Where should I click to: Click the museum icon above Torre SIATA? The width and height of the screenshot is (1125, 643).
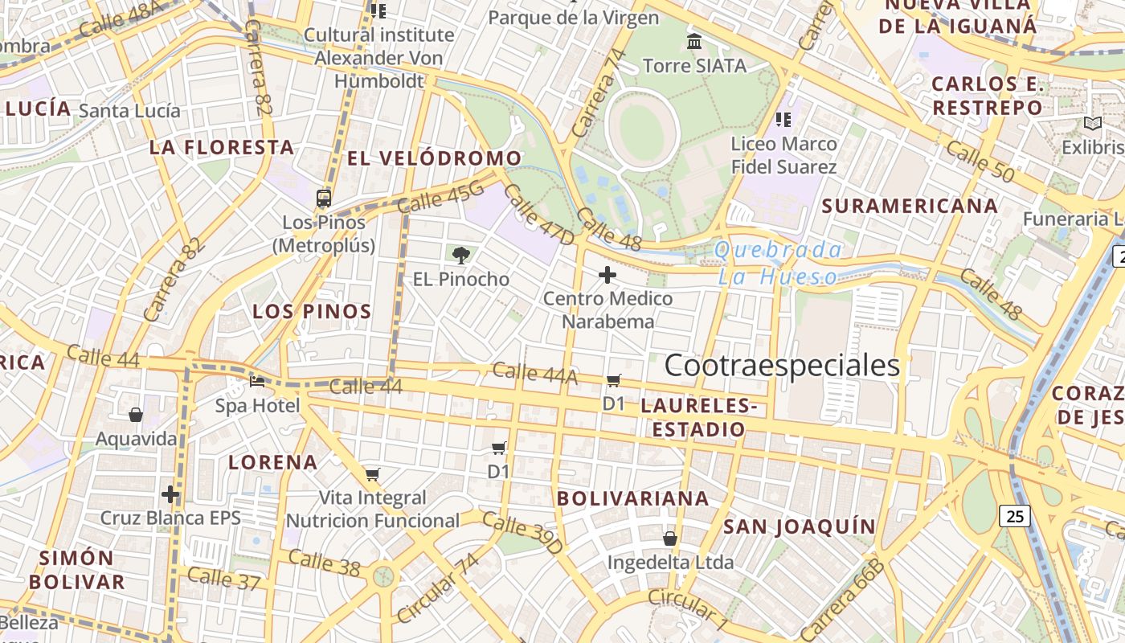(694, 41)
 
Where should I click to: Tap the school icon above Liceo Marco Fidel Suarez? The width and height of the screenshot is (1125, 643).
(783, 120)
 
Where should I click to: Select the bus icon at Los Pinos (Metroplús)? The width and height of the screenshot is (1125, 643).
(324, 198)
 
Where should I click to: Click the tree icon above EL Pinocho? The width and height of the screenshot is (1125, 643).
(460, 256)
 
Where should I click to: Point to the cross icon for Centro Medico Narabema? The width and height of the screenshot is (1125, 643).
(607, 276)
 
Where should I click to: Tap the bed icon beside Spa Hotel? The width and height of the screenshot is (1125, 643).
(257, 380)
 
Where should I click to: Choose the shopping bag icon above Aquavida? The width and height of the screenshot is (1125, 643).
(136, 415)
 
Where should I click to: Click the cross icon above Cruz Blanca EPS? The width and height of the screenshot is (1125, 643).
(170, 494)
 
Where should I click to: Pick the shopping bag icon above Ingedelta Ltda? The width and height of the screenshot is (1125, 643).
(670, 538)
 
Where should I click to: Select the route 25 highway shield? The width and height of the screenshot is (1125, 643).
(1016, 516)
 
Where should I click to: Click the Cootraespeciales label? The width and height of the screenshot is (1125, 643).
(782, 366)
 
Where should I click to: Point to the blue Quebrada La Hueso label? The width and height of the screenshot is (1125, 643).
(777, 264)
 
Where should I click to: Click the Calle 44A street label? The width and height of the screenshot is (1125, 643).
(534, 373)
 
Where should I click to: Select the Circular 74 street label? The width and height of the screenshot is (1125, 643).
(438, 588)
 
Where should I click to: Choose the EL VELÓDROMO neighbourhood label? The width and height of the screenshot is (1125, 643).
(434, 158)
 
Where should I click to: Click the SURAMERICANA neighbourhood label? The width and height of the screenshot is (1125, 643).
(910, 206)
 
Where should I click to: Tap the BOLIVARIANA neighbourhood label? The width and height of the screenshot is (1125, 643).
(633, 498)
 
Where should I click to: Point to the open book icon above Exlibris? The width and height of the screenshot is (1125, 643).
(1092, 123)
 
